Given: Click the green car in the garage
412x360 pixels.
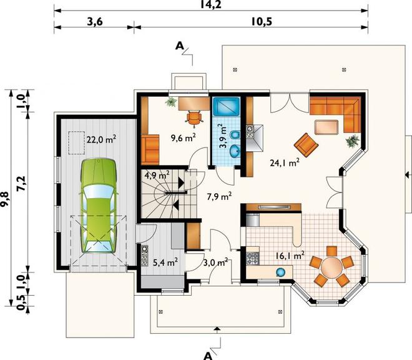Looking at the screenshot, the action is coord(98,206).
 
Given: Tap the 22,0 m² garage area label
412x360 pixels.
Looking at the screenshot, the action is coord(101,139).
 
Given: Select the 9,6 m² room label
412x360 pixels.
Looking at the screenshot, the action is coord(184,137).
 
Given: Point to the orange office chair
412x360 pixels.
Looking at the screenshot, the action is coord(194,117).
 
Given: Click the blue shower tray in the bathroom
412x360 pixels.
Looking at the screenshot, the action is coord(226,107).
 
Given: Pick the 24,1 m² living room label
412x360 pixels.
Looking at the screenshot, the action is coord(285,163).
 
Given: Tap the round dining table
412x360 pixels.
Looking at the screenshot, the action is coord(331,266).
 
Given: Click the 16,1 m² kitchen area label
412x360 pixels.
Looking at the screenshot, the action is coord(290,255).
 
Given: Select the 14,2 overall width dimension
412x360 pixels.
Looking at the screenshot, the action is coord(211,4).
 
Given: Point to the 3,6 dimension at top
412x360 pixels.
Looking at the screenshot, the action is coord(95,22).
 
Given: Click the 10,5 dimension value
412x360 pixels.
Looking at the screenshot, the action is coord(262,22).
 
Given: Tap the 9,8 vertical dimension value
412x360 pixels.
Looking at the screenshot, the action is coord(5,200).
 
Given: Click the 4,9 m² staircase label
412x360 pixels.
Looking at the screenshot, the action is coord(157,175).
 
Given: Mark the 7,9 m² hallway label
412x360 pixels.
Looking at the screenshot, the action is coord(219,196).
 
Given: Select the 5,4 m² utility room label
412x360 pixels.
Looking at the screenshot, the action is coord(165,262).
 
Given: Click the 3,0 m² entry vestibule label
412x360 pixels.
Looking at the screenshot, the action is coord(215,262).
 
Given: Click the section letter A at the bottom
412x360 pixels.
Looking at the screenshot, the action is coord(208,356).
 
